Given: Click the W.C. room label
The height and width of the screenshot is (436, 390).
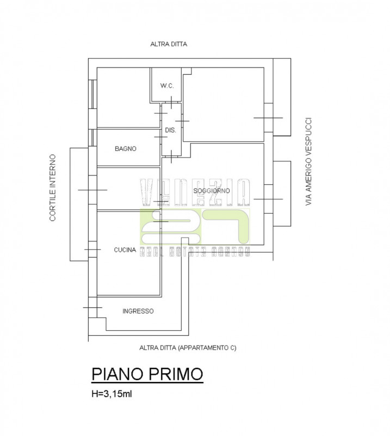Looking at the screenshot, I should tap(166, 86).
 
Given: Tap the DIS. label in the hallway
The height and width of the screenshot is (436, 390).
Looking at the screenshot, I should tap(170, 130).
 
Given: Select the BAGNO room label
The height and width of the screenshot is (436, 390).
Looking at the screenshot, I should tap(125, 148).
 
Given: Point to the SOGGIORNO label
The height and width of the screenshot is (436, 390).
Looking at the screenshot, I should tap(212, 190).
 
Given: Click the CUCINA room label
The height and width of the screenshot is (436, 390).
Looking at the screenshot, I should tap(125, 250).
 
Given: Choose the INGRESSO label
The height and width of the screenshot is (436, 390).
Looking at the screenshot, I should tap(138, 311).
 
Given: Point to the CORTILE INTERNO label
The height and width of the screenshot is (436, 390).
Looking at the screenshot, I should tap(53, 187).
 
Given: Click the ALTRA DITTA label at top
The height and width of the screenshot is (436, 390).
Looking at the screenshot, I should tap(169, 44).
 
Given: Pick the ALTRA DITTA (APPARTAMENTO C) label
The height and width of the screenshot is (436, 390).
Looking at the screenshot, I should tap(188, 347).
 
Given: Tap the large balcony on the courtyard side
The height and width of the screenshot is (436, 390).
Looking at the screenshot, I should tap(78, 204).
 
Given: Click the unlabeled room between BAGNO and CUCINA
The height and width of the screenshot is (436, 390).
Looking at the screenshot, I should tap(128, 189).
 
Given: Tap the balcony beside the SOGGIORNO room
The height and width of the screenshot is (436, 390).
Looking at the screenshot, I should tap(282, 193).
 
